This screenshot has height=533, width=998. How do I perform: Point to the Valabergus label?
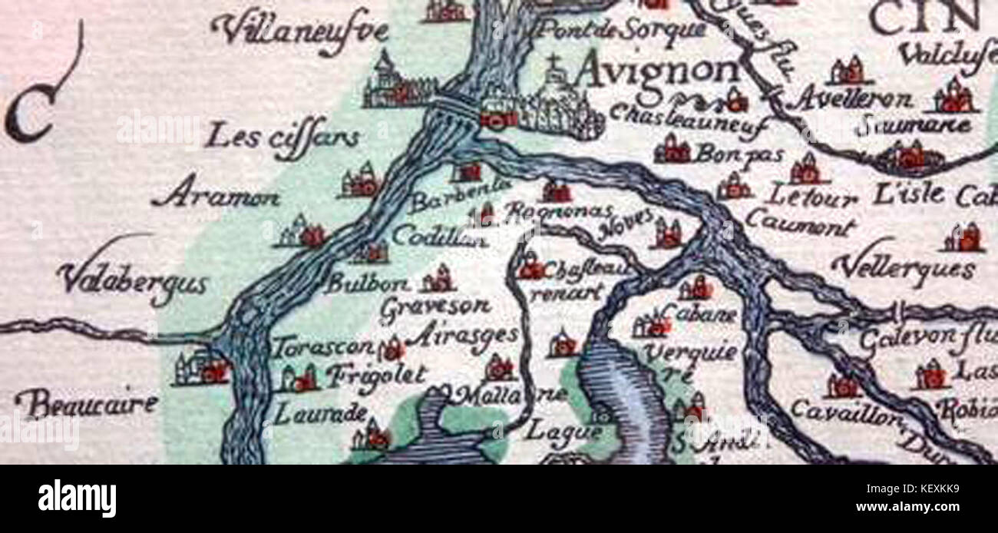(133, 281)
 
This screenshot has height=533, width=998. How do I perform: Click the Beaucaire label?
(86, 403)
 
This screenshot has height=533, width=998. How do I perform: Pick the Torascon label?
(323, 347)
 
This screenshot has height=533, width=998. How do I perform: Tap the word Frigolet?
(375, 376)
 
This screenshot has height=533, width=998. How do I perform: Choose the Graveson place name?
(435, 306)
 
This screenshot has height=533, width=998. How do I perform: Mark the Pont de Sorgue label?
(620, 30)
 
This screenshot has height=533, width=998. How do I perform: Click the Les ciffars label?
(283, 139)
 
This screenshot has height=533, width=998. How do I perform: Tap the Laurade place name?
(309, 414)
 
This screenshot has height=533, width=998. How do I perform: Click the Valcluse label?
(946, 54)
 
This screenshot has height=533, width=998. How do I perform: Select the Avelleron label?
(853, 99)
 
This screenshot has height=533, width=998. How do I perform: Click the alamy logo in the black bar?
(77, 498)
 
